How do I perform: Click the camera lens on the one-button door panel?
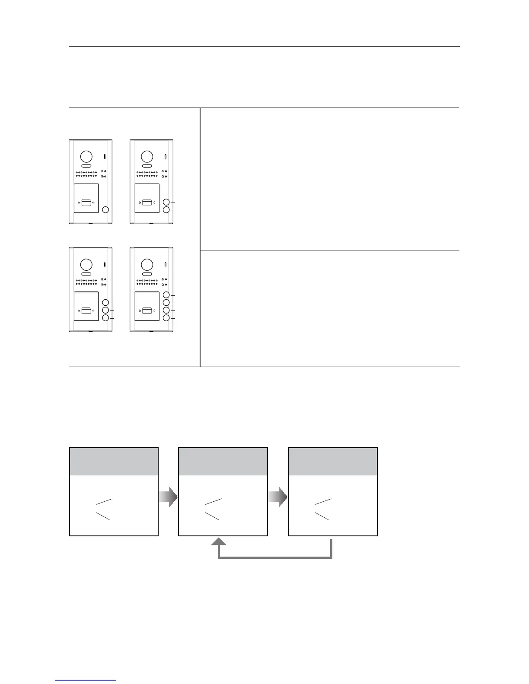coord(86,156)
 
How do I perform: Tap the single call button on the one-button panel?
coord(105,210)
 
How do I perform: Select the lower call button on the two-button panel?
coord(166,210)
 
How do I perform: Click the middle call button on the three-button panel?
coord(105,310)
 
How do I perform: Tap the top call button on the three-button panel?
coord(105,303)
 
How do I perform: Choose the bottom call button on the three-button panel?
coord(105,318)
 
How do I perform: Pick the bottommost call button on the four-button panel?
coord(166,318)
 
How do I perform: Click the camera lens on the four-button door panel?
coord(147,264)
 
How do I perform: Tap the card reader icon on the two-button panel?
coord(147,202)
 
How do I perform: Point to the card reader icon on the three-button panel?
coord(86,310)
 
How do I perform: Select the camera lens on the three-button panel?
coord(86,264)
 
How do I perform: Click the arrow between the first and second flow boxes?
coord(169,497)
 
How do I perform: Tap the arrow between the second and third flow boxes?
coord(278,497)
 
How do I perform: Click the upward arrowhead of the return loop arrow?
coord(219,542)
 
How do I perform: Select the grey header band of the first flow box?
coord(114,462)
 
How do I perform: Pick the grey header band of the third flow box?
coord(333,462)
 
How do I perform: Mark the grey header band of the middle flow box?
coord(223,462)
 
